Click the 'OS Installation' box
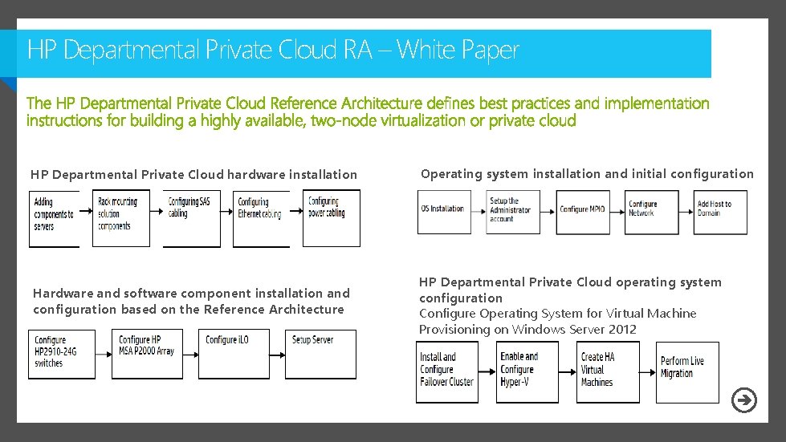pos(444,212)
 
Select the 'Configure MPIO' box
pos(583,212)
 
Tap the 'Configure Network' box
pos(652,212)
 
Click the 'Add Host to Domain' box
pos(720,212)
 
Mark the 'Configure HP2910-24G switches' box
pos(62,354)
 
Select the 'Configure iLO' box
pos(234,354)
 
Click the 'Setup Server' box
pos(321,354)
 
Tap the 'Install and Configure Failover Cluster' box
pos(448,372)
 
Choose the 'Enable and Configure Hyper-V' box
pos(527,372)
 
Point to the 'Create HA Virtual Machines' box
pos(608,372)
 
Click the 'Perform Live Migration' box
pos(687,372)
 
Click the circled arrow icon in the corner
pos(745,400)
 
